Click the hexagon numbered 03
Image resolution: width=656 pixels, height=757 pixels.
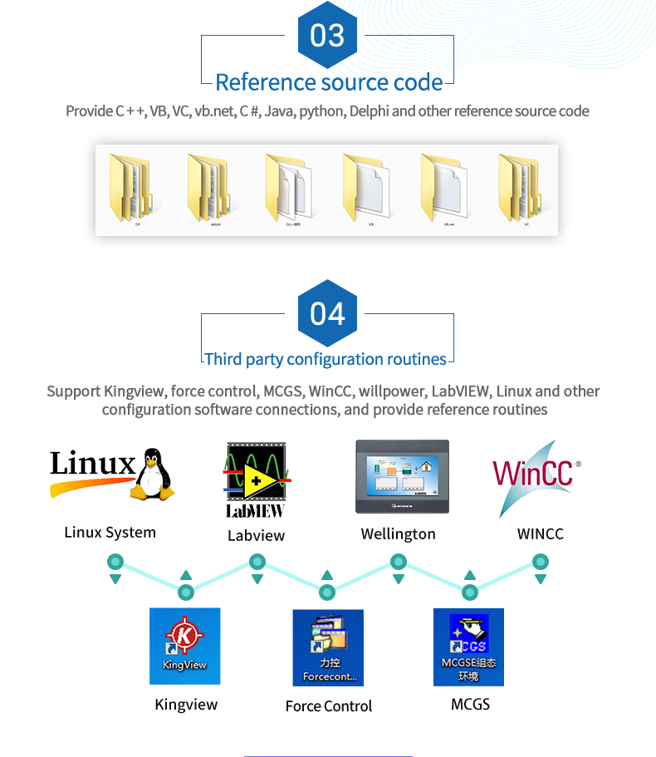[327, 36]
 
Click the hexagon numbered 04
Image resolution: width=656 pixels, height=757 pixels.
[327, 313]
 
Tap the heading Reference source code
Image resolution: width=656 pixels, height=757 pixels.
[329, 82]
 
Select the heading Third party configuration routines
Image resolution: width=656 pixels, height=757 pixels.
[326, 359]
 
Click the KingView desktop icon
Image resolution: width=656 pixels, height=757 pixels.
[185, 646]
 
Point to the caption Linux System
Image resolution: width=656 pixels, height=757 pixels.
[110, 533]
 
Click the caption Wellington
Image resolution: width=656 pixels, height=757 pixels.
[398, 534]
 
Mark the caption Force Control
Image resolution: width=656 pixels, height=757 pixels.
[329, 706]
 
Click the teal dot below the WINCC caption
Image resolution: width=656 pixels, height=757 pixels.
[541, 563]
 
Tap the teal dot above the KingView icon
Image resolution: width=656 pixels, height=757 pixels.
[186, 592]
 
